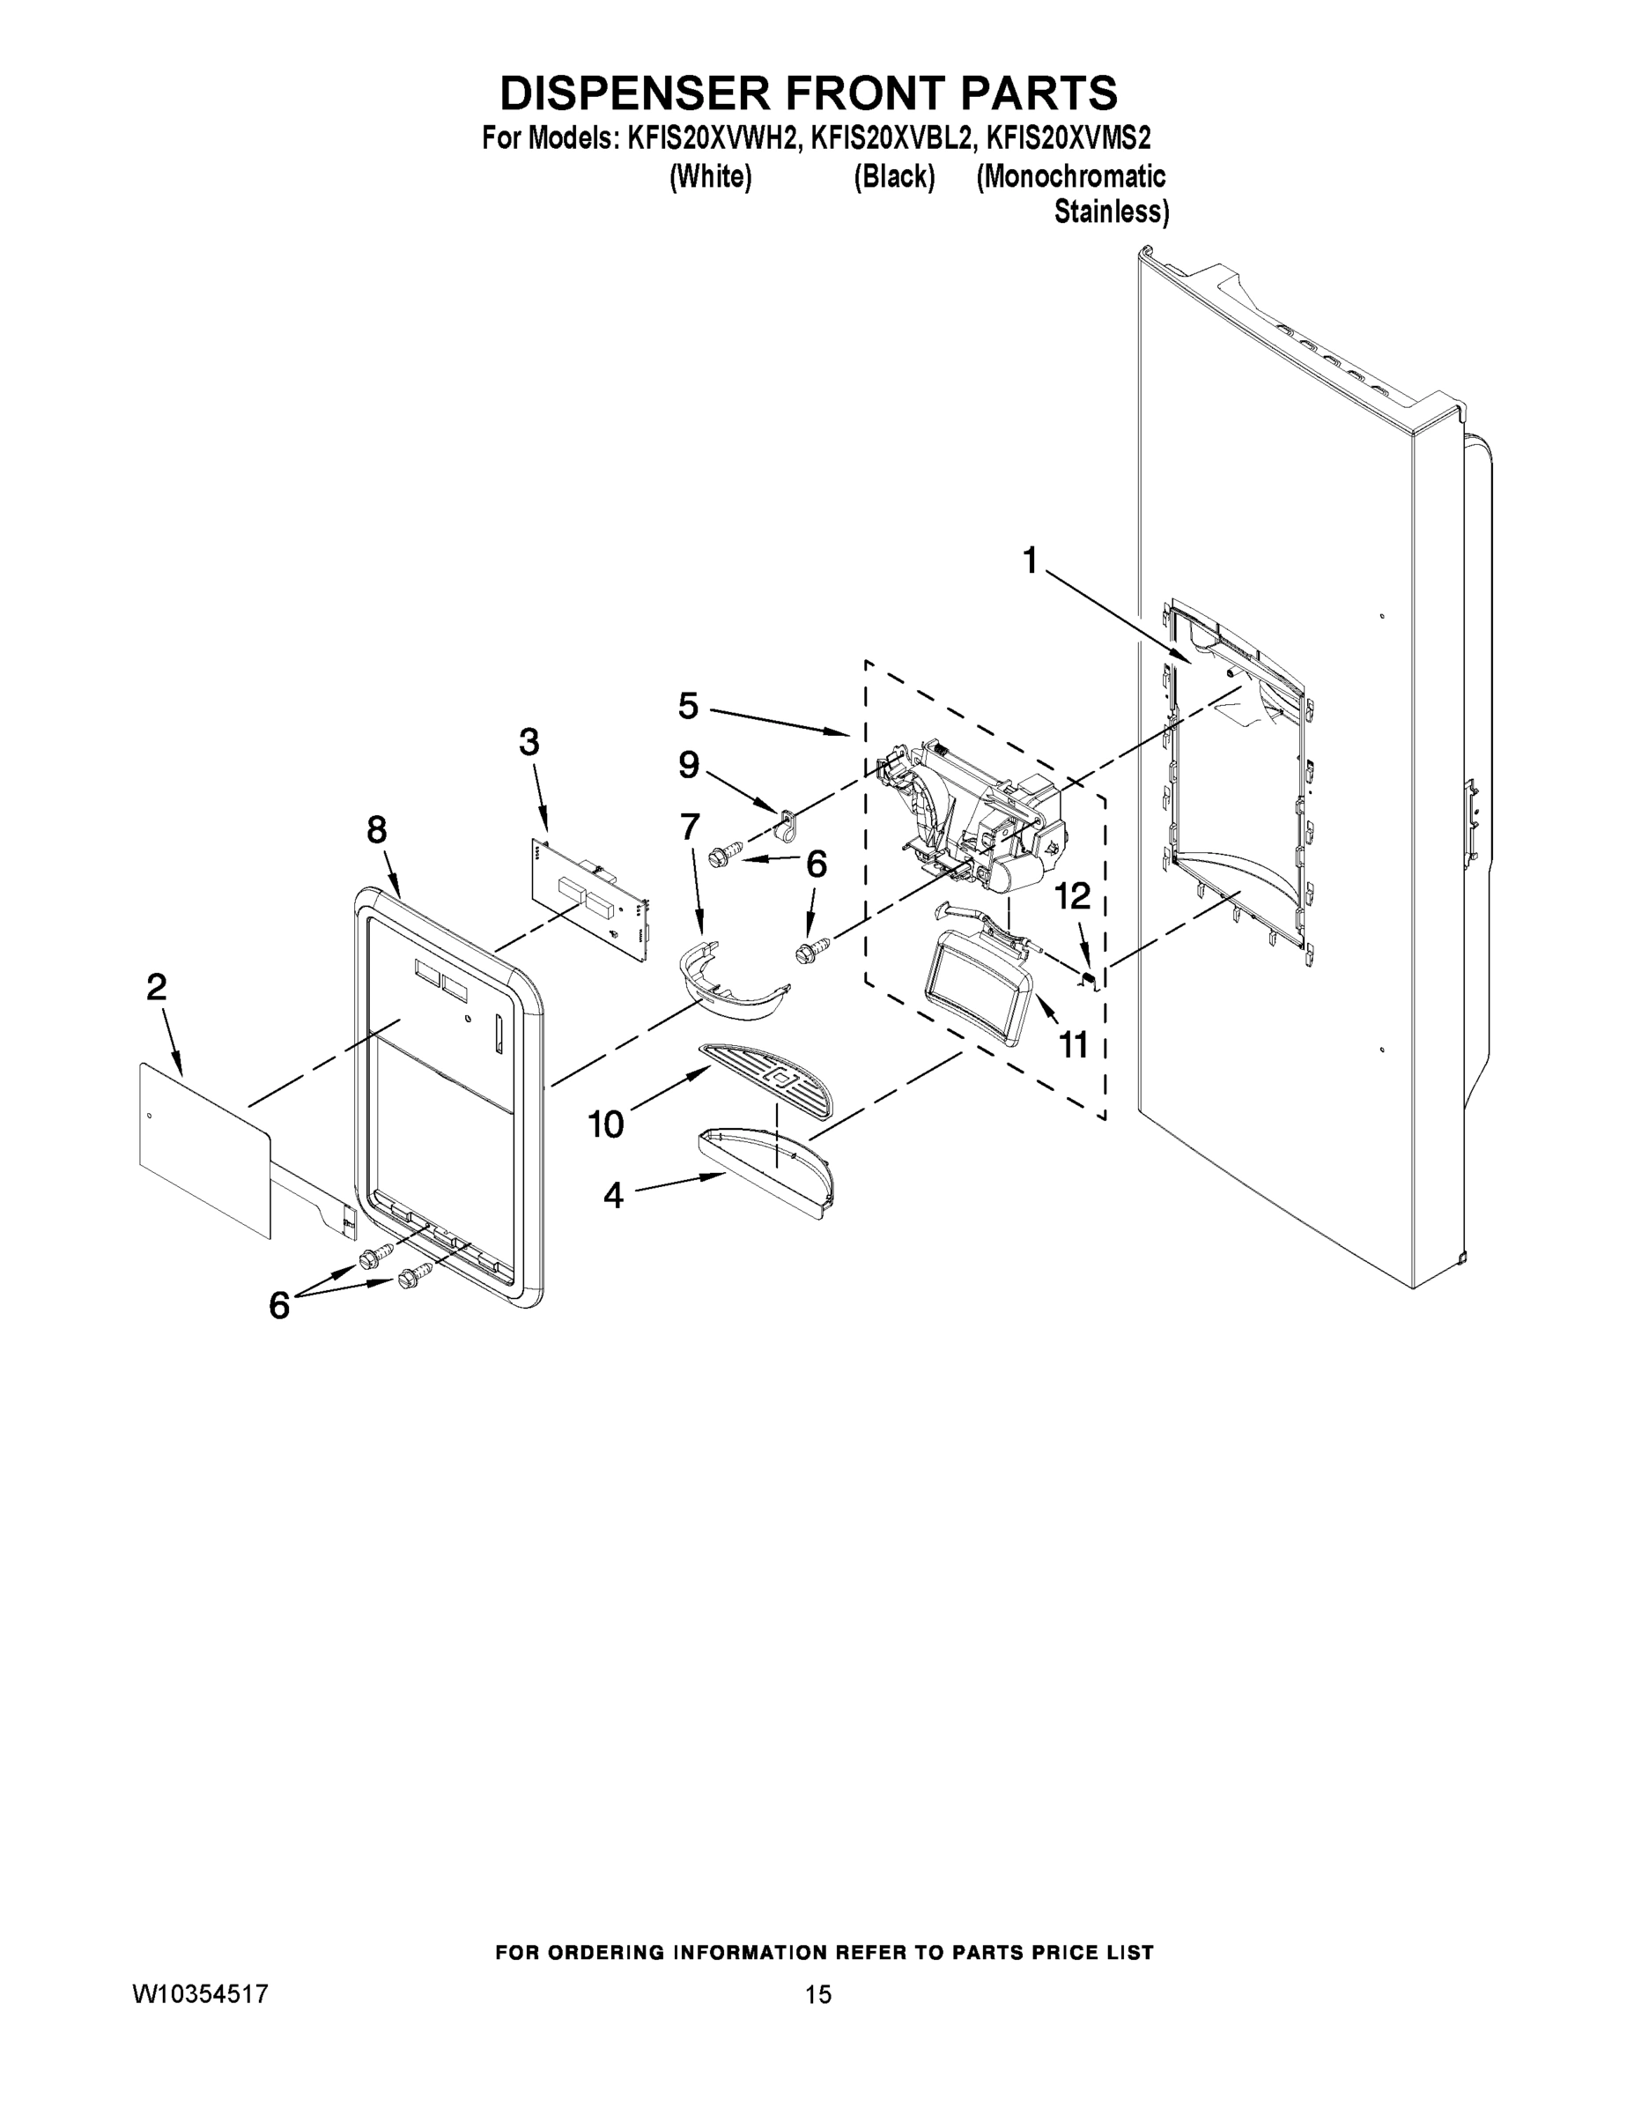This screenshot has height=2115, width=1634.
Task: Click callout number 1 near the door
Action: (x=1030, y=560)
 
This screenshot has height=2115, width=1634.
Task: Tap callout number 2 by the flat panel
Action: (x=157, y=988)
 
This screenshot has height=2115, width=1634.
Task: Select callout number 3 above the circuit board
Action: (x=529, y=743)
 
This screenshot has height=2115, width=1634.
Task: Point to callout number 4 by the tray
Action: (x=614, y=1196)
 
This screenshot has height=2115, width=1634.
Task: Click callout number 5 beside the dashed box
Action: (x=687, y=706)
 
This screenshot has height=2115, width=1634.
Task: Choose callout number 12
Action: (x=1073, y=897)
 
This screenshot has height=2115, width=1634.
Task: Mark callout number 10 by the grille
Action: (x=606, y=1124)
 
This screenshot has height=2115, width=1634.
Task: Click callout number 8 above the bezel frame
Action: (x=376, y=830)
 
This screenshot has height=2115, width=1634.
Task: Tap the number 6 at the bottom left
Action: (x=278, y=1306)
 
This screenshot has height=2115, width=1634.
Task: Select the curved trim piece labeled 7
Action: (x=733, y=987)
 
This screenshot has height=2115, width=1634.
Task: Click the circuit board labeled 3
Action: (x=590, y=898)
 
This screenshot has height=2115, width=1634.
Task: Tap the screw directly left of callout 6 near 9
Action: (x=722, y=855)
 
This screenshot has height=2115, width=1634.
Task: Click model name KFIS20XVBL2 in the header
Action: (x=890, y=139)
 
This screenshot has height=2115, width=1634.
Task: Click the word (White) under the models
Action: (x=711, y=177)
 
